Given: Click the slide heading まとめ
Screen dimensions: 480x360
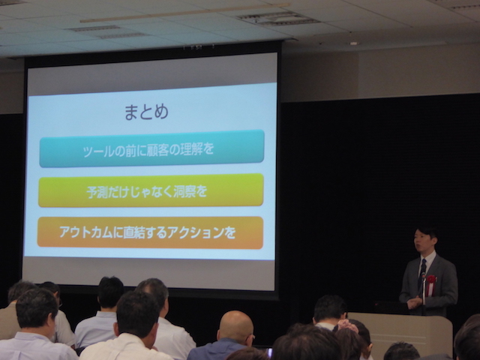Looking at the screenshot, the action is tap(146, 112).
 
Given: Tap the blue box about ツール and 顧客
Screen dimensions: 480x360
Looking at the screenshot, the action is tap(151, 148).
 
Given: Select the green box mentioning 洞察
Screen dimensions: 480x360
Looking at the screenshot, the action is tap(151, 190).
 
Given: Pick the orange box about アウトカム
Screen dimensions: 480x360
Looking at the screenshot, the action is tap(150, 232).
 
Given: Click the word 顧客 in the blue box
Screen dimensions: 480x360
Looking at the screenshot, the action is tap(157, 150).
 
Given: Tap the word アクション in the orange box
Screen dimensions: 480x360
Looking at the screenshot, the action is tap(204, 232).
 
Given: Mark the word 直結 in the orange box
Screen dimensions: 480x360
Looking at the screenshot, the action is tap(135, 233).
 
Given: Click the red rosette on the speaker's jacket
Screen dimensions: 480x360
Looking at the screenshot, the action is tap(430, 283).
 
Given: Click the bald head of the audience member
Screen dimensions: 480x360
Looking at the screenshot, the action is tap(235, 325).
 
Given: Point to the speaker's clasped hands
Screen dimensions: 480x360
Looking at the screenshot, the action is tap(414, 302).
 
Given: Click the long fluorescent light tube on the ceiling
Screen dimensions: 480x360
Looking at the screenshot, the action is tap(185, 13).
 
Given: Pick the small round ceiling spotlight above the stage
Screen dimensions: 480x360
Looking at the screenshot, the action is tap(354, 43).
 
